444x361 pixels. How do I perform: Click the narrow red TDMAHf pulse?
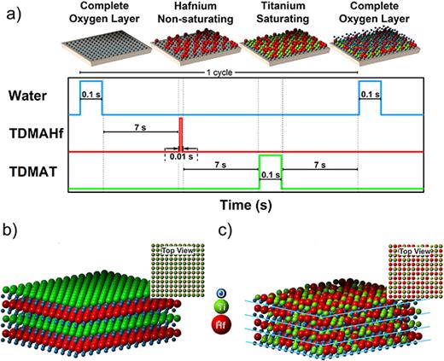click(181, 134)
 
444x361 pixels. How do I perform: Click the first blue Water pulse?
click(90, 97)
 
